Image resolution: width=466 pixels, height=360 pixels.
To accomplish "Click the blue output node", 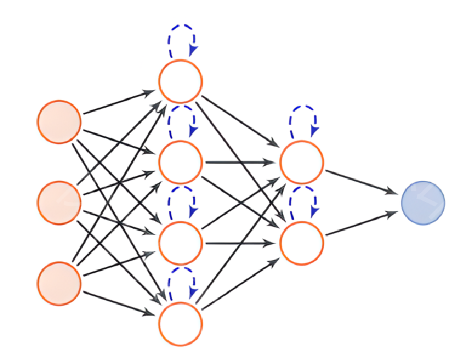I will [x=423, y=202].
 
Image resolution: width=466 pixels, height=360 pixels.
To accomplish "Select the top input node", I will [x=59, y=121].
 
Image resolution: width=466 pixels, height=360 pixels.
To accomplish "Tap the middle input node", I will [x=59, y=202].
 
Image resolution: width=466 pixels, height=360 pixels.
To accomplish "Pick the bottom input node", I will [x=59, y=283].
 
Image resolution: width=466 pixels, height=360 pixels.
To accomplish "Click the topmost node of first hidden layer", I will [x=180, y=81].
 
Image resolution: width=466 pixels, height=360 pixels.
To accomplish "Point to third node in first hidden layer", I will [x=180, y=243].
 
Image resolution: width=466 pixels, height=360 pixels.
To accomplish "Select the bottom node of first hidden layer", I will [x=180, y=324].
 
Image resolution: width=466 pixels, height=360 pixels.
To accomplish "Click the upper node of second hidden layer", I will [x=302, y=162].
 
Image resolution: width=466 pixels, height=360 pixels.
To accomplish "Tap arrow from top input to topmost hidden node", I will [x=121, y=102].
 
